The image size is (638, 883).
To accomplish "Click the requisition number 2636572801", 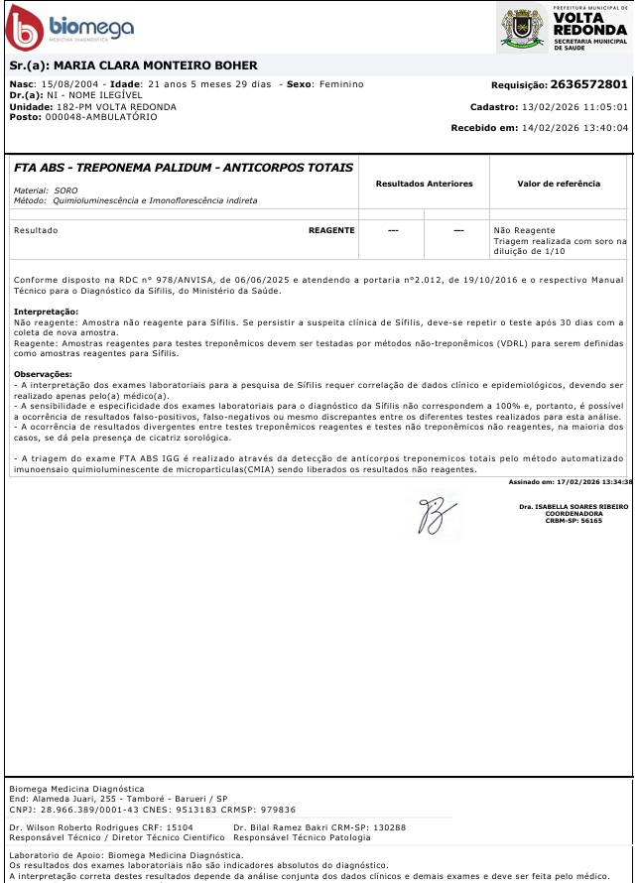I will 588,85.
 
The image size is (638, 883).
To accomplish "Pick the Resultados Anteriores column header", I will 424,184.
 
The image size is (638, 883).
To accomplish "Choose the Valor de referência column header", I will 559,184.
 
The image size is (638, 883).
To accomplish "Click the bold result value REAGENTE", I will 331,230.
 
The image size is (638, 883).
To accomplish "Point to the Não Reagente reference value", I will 516,230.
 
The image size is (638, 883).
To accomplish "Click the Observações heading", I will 44,373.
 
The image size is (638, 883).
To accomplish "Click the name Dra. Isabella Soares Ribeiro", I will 574,506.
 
